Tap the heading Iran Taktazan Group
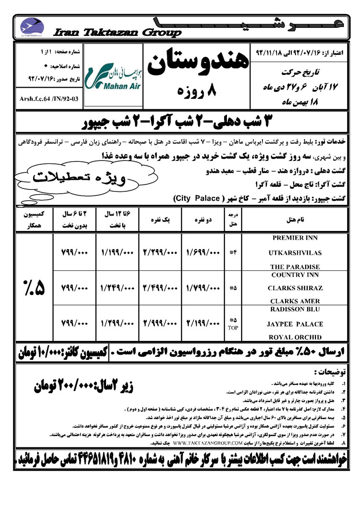click(117, 33)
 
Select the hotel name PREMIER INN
click(296, 238)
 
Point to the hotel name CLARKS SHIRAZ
click(296, 288)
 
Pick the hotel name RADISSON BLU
click(296, 309)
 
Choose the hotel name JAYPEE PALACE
click(296, 324)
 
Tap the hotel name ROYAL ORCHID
click(296, 338)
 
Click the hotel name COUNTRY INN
click(296, 275)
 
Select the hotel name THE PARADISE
click(296, 267)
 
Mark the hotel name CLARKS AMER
click(296, 301)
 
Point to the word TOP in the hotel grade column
click(233, 327)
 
